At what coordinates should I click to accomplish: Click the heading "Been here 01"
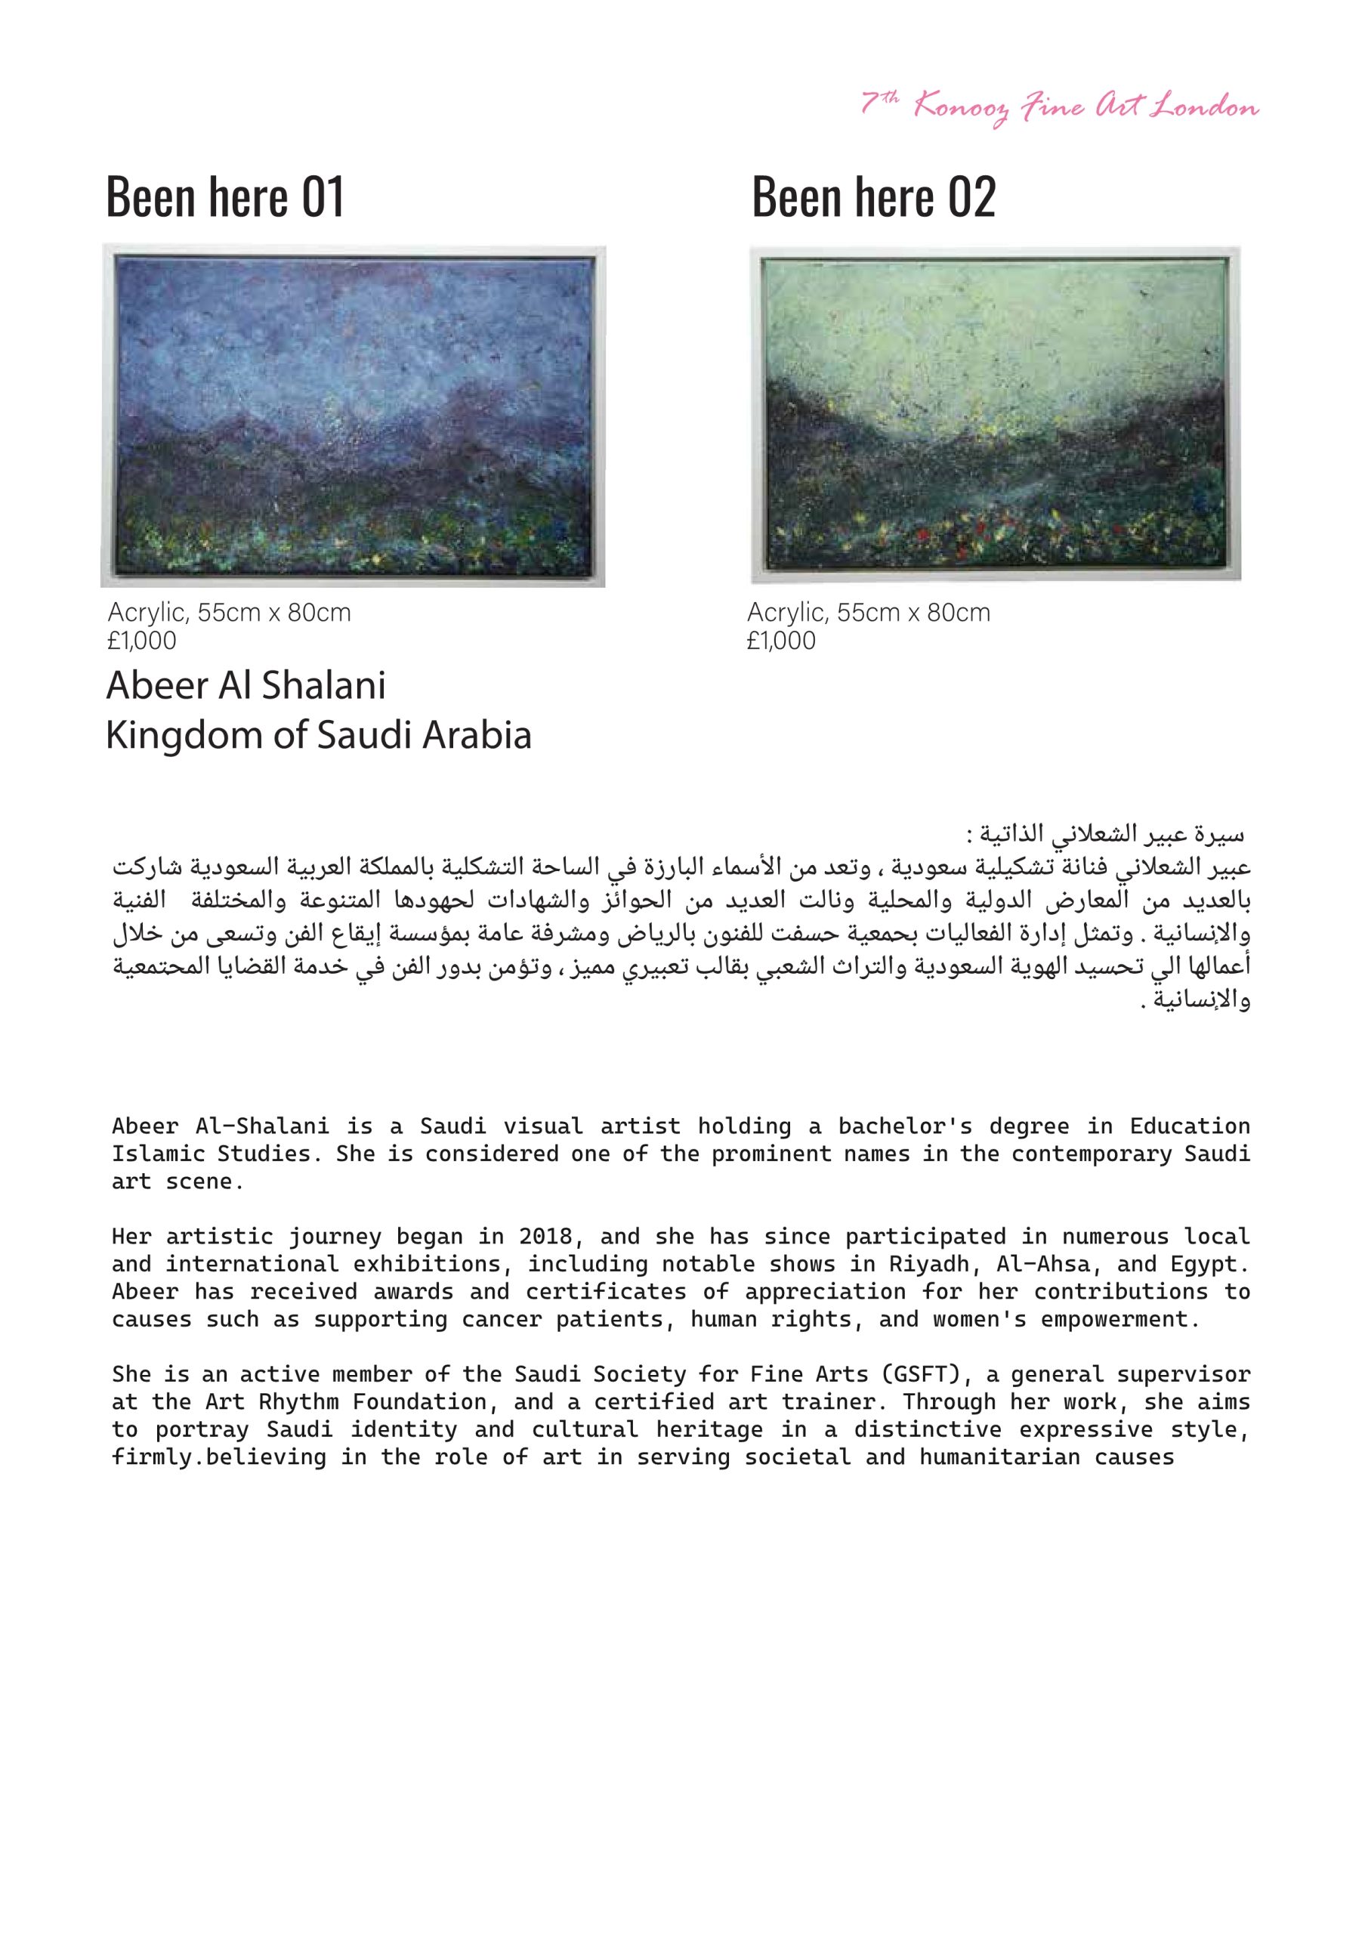[x=225, y=197]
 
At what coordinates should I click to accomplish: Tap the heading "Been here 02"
[x=873, y=197]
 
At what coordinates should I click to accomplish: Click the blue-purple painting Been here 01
[x=353, y=416]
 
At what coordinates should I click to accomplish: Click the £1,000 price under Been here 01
[x=141, y=641]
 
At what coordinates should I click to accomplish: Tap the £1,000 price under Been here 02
[x=781, y=641]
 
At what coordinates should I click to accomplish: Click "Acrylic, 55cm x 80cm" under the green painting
[x=869, y=613]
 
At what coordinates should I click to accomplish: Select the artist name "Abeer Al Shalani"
[x=245, y=686]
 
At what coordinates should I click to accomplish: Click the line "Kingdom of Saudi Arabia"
[x=319, y=735]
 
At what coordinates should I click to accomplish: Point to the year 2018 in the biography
[x=545, y=1237]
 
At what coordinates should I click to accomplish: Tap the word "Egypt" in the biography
[x=1209, y=1265]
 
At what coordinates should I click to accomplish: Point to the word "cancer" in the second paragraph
[x=502, y=1319]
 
